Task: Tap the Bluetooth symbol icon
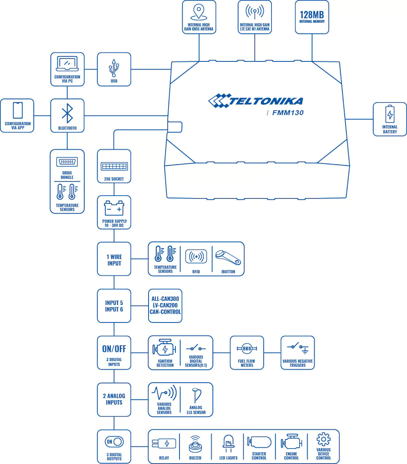click(x=67, y=113)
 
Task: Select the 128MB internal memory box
click(x=312, y=17)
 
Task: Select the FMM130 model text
click(x=288, y=113)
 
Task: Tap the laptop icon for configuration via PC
click(x=67, y=64)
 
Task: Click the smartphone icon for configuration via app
click(x=18, y=111)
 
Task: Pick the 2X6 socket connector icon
click(x=114, y=167)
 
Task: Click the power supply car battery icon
click(x=114, y=209)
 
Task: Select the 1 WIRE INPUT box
click(x=114, y=259)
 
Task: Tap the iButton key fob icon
click(x=228, y=257)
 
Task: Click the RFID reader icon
click(x=196, y=257)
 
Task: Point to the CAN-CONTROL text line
click(x=165, y=312)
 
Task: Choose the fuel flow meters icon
click(x=247, y=349)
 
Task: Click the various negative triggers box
click(x=298, y=353)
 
